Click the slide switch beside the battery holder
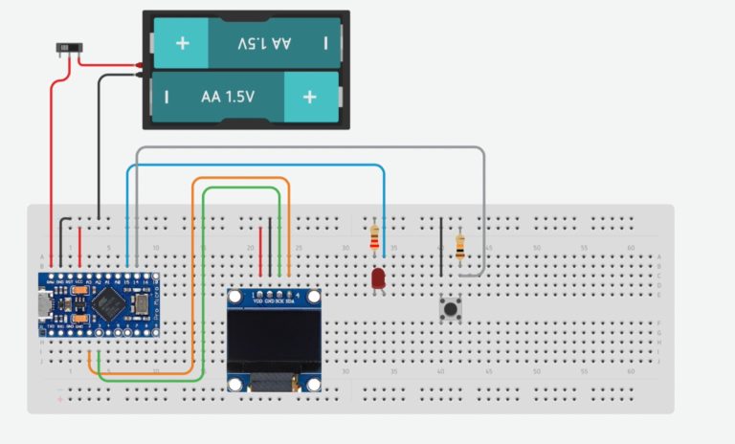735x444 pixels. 67,48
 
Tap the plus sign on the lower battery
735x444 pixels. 309,97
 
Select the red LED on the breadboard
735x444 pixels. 378,278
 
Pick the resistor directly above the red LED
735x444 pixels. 373,234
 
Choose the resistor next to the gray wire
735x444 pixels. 460,247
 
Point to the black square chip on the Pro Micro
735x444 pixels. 103,305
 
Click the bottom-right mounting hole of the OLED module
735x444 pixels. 313,384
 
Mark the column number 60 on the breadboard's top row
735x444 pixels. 631,248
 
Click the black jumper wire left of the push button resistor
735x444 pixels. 440,247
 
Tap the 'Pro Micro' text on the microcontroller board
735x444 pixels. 145,306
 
